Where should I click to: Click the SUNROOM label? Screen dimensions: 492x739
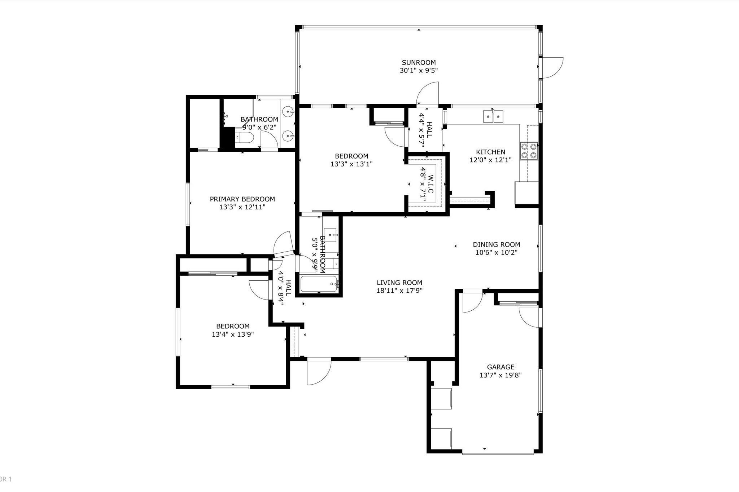tap(419, 62)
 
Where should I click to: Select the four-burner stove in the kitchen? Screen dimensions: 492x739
tap(529, 151)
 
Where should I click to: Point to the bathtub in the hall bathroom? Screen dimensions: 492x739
tap(319, 284)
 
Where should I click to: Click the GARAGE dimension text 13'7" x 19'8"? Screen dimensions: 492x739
tap(500, 375)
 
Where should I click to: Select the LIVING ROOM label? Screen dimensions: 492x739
tap(399, 283)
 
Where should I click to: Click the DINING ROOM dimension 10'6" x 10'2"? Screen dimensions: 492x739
tap(496, 252)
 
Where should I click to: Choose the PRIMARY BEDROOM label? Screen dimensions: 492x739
tap(242, 199)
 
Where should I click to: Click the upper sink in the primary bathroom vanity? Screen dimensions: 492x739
tap(288, 112)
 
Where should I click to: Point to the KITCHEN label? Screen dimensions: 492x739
tap(490, 152)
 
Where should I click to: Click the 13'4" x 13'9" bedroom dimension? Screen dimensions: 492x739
tap(233, 334)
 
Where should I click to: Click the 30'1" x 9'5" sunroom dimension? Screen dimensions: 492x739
tap(419, 70)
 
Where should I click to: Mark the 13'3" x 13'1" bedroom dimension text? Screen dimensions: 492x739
tap(351, 164)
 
